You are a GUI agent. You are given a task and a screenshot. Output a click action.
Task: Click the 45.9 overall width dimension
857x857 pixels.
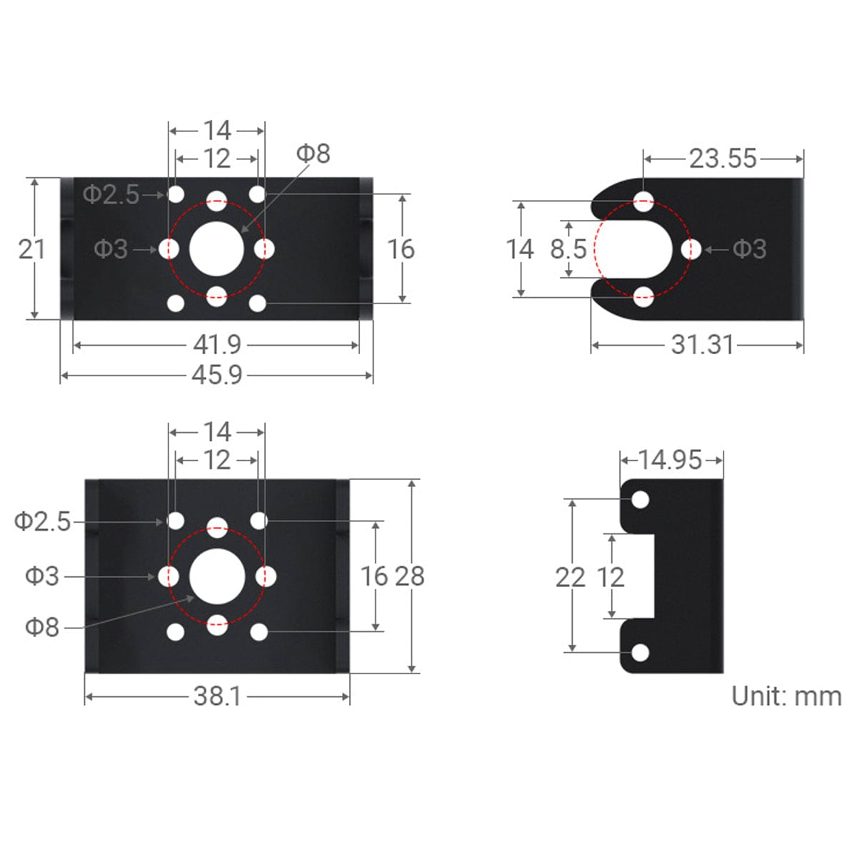[217, 375]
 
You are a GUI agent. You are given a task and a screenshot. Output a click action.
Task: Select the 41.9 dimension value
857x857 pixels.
[217, 345]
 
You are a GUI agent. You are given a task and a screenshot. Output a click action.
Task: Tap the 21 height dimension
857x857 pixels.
[31, 249]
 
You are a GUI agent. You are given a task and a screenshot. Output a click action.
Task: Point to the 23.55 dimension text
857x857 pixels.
[723, 159]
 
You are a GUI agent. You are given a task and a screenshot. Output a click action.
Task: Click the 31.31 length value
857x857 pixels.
[702, 345]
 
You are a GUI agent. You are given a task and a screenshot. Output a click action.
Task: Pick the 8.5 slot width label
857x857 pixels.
[568, 249]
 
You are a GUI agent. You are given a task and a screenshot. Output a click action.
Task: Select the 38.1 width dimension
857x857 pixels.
[217, 696]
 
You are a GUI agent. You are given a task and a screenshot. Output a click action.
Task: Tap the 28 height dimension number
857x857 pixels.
[410, 576]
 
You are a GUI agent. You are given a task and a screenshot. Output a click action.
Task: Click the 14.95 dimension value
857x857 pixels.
[670, 460]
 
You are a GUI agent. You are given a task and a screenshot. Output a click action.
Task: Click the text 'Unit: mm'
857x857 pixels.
[786, 696]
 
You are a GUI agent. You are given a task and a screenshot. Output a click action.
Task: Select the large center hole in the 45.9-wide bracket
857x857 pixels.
[217, 249]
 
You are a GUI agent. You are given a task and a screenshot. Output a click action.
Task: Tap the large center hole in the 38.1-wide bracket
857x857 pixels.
[217, 576]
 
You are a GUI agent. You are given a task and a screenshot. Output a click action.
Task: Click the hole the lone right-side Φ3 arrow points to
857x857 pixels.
[691, 249]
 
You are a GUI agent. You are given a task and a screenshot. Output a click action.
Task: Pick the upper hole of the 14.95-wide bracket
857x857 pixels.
[641, 499]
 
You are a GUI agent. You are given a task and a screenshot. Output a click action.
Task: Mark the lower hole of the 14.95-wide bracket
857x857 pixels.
[641, 653]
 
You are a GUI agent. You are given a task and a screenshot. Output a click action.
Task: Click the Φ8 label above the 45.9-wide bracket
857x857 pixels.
[313, 154]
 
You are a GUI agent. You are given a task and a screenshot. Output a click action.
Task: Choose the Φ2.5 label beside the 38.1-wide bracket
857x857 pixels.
[43, 522]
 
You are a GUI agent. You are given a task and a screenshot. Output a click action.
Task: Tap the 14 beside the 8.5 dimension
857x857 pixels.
[520, 249]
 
